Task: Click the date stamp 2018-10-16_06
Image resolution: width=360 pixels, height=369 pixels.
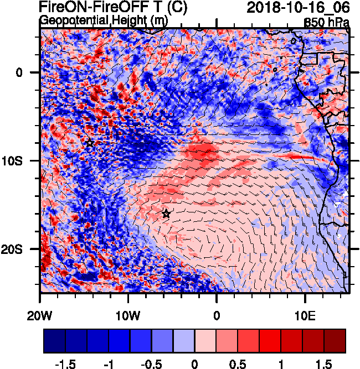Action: pyautogui.click(x=297, y=8)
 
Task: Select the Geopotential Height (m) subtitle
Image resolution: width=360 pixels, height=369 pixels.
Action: pyautogui.click(x=104, y=20)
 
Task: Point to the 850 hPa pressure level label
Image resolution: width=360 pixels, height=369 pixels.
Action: pyautogui.click(x=326, y=22)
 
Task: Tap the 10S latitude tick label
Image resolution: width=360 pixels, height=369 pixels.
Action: pyautogui.click(x=22, y=160)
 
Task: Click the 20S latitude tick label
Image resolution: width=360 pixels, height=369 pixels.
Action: pyautogui.click(x=22, y=249)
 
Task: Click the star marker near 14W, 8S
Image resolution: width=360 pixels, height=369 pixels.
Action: pyautogui.click(x=90, y=143)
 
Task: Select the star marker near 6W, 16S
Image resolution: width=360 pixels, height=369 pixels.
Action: pyautogui.click(x=166, y=214)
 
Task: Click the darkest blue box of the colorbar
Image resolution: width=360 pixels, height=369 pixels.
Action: pyautogui.click(x=55, y=341)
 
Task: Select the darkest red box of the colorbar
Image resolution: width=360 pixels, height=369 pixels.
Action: pyautogui.click(x=335, y=341)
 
